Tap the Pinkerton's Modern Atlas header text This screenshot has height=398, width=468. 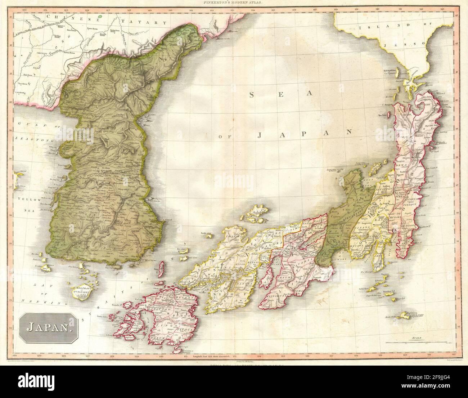click(x=234, y=3)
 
